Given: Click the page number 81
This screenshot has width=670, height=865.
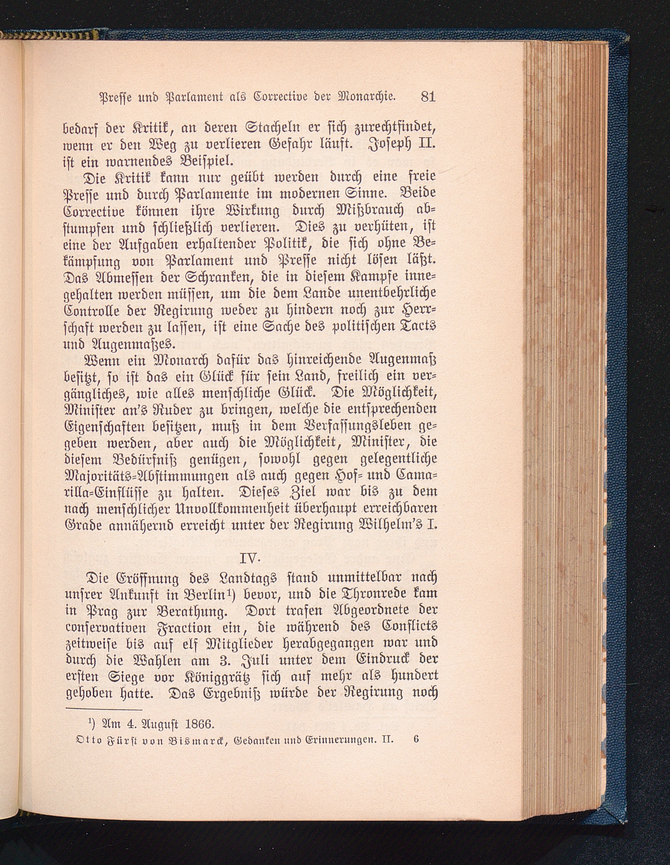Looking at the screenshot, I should (429, 96).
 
